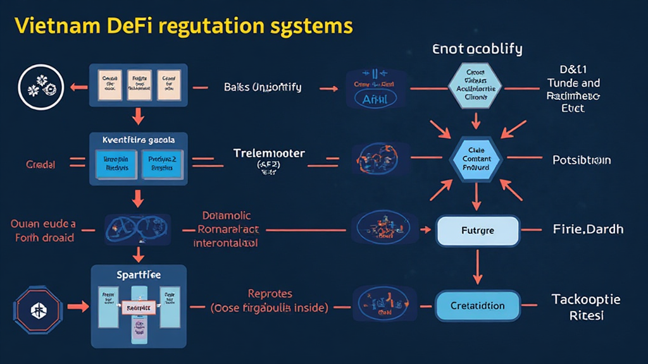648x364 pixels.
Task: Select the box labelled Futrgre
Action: coord(478,231)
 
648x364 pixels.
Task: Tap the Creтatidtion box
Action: coord(478,306)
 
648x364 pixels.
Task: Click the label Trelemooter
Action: coord(269,154)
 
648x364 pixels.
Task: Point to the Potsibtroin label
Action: coord(582,160)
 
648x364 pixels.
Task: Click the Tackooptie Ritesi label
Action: coord(585,306)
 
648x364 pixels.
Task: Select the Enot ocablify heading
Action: coord(477,49)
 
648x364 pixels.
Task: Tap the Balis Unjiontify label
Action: coord(263,88)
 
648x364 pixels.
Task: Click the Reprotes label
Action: coord(270,294)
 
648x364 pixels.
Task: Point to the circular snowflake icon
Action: coord(39,87)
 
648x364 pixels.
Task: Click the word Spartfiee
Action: coord(139,276)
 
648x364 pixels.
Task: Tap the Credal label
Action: coord(40,164)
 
